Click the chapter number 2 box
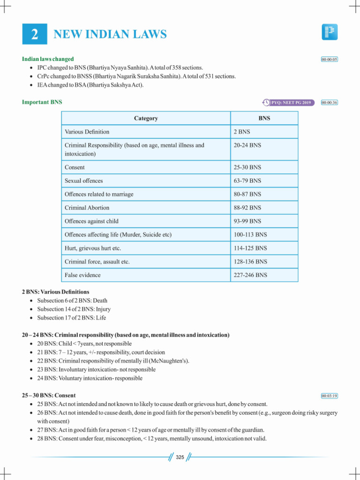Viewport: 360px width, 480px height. (x=35, y=34)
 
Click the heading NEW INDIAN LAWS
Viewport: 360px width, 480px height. (x=110, y=34)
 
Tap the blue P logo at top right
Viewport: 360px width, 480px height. (x=330, y=32)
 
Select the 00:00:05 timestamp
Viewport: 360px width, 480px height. (x=329, y=60)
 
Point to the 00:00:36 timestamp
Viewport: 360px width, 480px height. (x=329, y=102)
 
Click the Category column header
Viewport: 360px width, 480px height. (x=146, y=119)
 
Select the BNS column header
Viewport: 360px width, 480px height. (x=264, y=119)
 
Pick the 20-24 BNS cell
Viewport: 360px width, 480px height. (x=247, y=145)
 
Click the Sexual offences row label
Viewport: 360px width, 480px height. (x=84, y=180)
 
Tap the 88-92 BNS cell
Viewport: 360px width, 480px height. (x=247, y=208)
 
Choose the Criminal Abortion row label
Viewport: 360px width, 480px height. (x=87, y=208)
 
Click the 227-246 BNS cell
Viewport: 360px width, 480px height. (x=250, y=275)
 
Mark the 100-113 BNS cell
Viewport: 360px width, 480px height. (x=250, y=234)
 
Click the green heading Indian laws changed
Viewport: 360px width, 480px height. (x=48, y=59)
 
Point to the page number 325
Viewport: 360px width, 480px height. (x=180, y=457)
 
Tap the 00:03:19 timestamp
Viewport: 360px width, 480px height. (x=329, y=396)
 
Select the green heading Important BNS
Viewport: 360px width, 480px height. (x=42, y=102)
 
